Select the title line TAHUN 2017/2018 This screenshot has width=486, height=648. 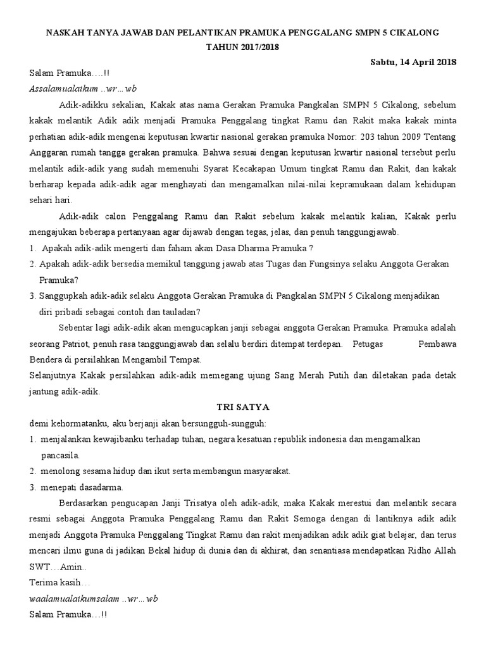[x=243, y=46]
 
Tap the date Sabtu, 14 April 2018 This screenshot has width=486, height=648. [x=413, y=61]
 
